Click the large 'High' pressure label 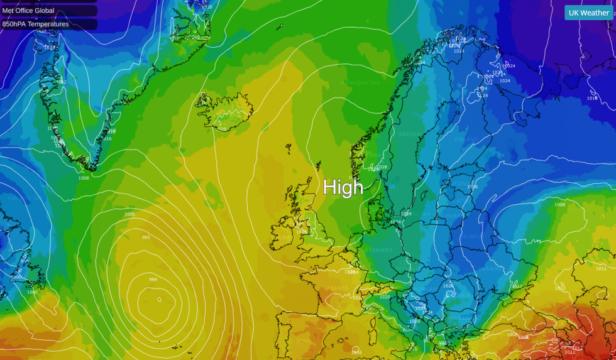pyautogui.click(x=343, y=187)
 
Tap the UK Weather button pyautogui.click(x=588, y=13)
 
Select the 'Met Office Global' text pyautogui.click(x=28, y=11)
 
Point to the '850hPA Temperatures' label pyautogui.click(x=35, y=25)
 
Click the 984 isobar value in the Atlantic pyautogui.click(x=153, y=279)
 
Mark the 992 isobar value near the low pyautogui.click(x=146, y=237)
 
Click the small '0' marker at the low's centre pyautogui.click(x=159, y=299)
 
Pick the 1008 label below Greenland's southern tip pyautogui.click(x=84, y=178)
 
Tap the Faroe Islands pyautogui.click(x=289, y=148)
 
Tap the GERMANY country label pyautogui.click(x=380, y=250)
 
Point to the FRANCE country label pyautogui.click(x=337, y=288)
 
